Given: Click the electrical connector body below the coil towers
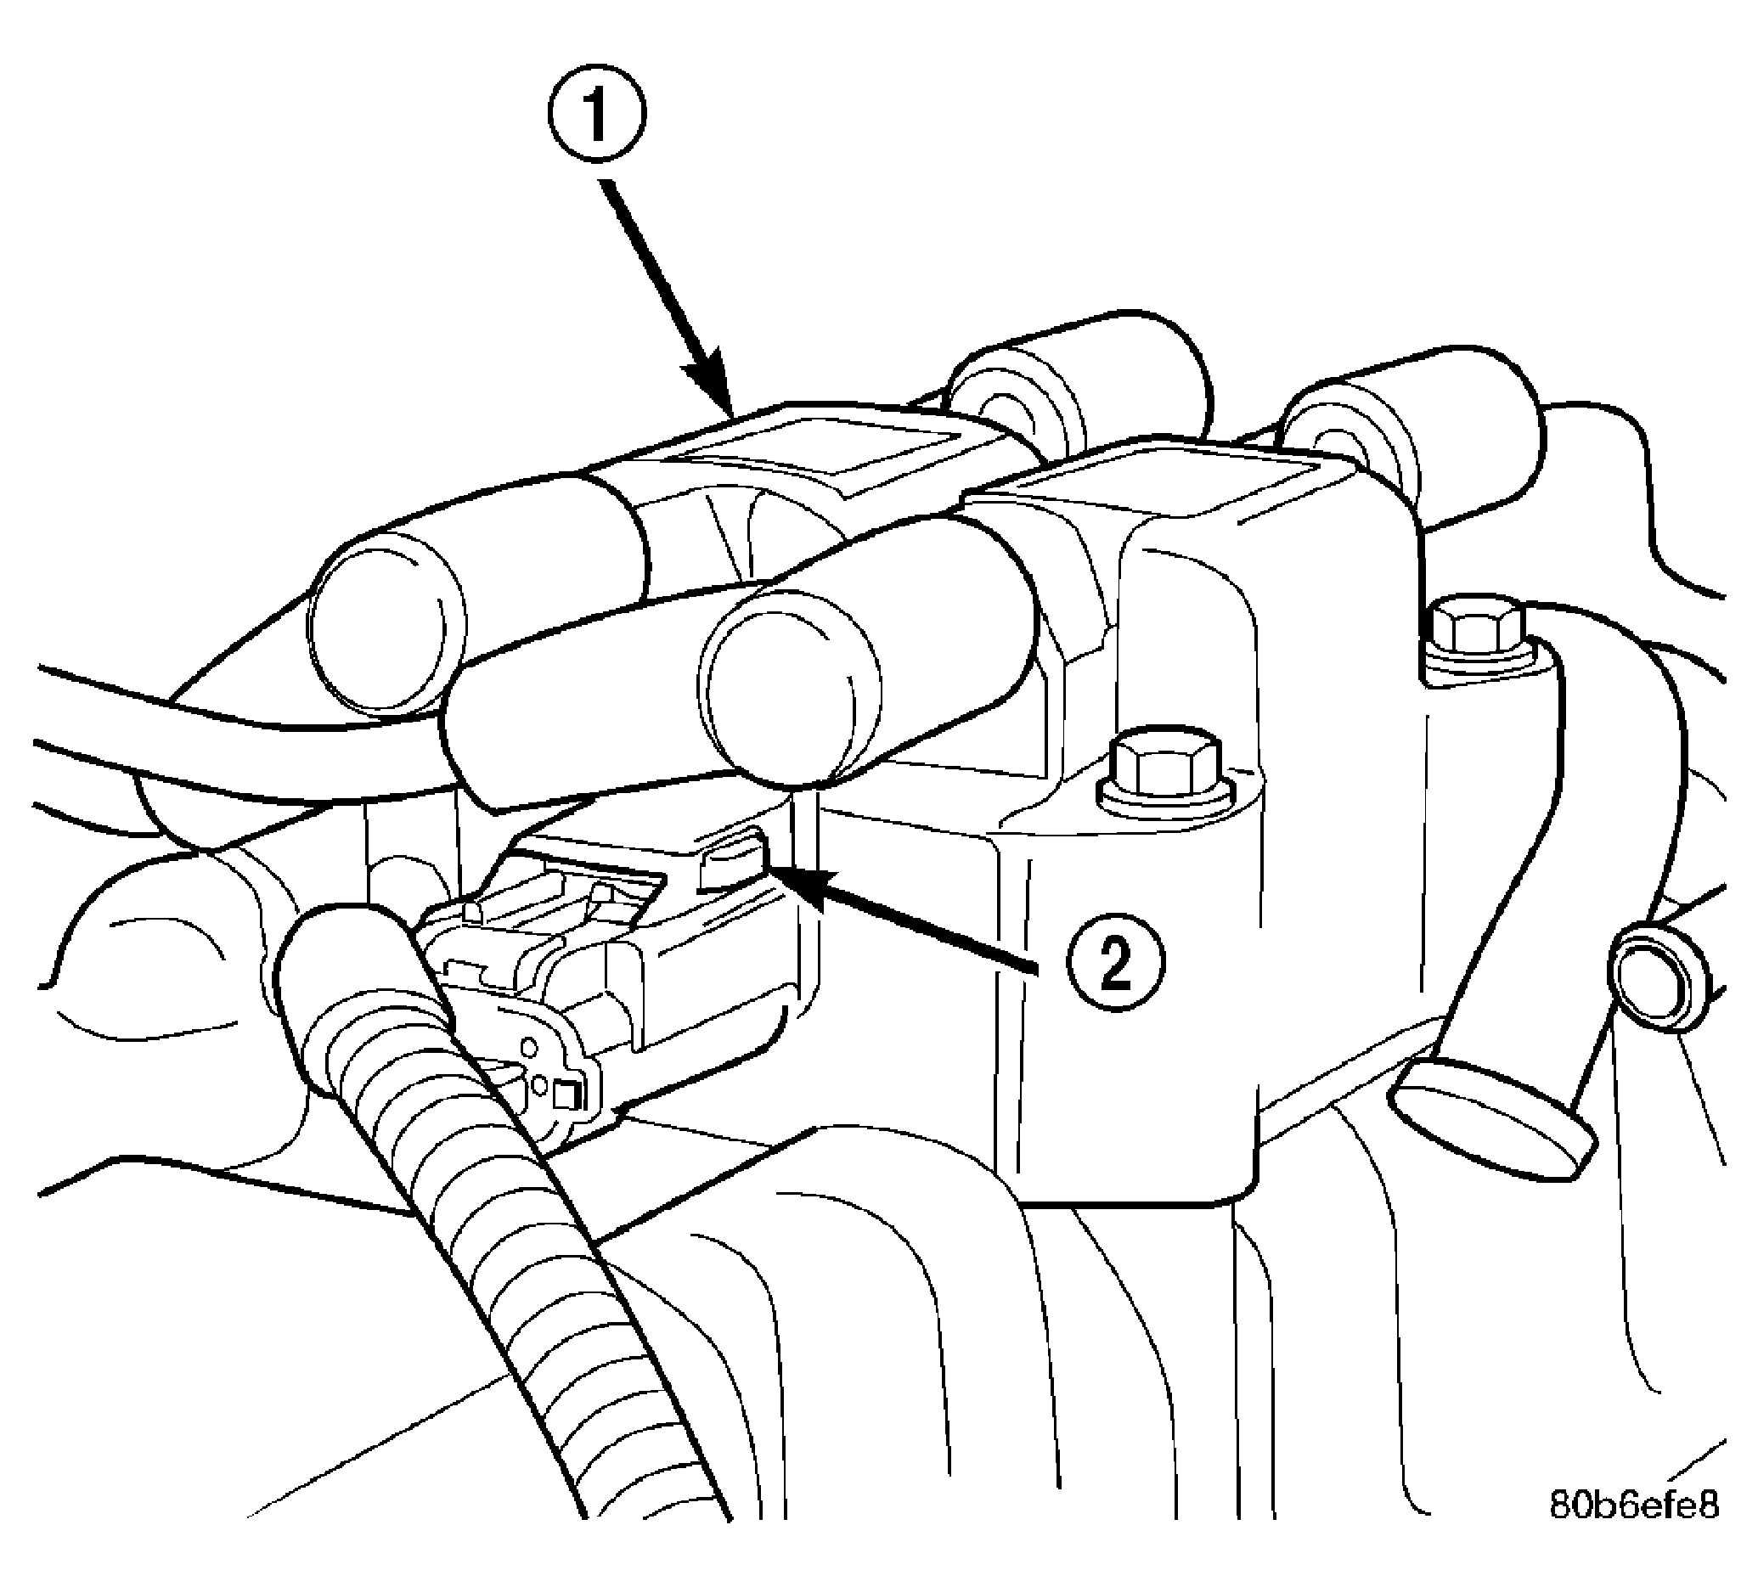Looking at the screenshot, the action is coord(611,960).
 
